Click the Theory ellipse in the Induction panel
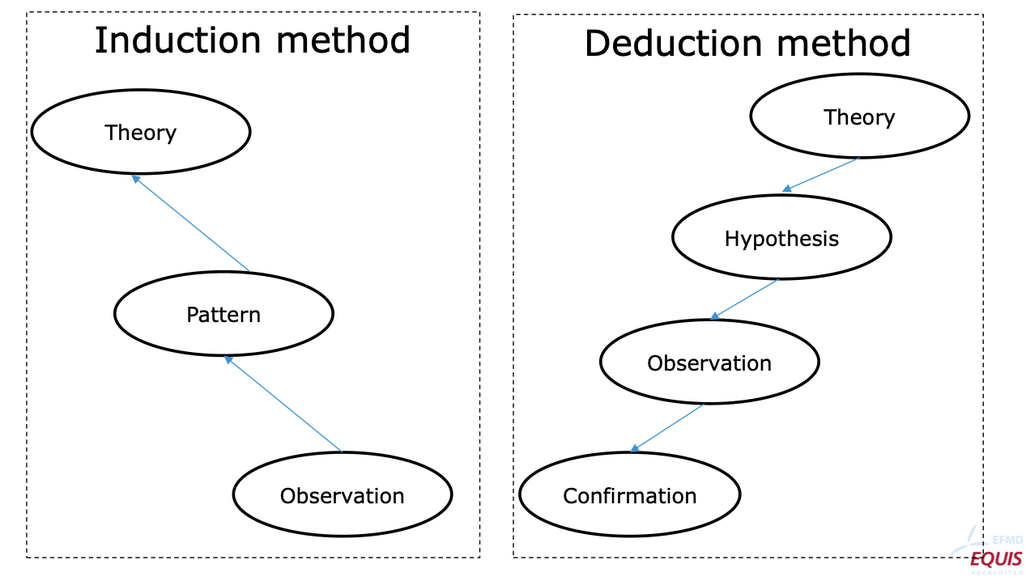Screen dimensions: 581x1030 pyautogui.click(x=141, y=132)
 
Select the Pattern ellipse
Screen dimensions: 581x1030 pyautogui.click(x=223, y=314)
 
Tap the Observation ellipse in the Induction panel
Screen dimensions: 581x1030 pyautogui.click(x=342, y=494)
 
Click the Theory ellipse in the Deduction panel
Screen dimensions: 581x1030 pyautogui.click(x=859, y=117)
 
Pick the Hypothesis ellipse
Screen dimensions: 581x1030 pyautogui.click(x=781, y=238)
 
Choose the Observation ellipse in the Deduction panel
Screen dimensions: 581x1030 pyautogui.click(x=709, y=363)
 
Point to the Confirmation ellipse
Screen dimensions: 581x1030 pyautogui.click(x=629, y=494)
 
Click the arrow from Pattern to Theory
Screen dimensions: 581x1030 pyautogui.click(x=191, y=223)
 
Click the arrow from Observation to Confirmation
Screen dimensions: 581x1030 pyautogui.click(x=667, y=427)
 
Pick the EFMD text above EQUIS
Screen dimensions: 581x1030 pyautogui.click(x=1007, y=541)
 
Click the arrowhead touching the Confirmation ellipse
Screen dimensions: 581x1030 pyautogui.click(x=634, y=448)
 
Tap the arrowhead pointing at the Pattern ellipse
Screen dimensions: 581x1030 pyautogui.click(x=228, y=358)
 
